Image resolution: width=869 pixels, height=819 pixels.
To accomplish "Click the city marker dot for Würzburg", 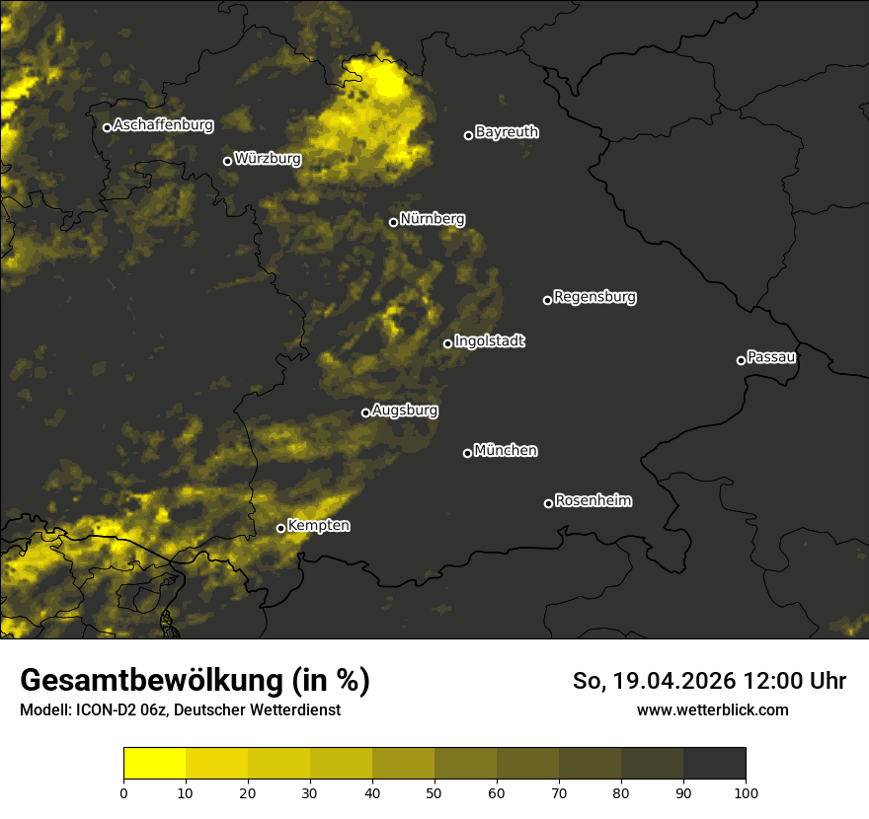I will (227, 161).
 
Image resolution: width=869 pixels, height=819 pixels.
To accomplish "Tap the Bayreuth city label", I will (507, 132).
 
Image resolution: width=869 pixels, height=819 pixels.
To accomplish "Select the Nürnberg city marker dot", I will (393, 222).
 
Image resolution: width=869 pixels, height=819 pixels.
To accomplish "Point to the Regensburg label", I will (594, 297).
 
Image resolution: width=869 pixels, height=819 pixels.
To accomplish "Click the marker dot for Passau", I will (741, 360).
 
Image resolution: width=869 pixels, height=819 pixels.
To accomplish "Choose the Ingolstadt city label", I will (490, 341).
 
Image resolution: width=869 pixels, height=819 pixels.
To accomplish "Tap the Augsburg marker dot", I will (365, 413).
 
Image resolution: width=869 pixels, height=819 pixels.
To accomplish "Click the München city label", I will (506, 451).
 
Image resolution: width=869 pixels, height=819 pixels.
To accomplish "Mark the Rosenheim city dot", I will (548, 504).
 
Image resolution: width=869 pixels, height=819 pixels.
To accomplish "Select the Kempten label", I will (318, 526).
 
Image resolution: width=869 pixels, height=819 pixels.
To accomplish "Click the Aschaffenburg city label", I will (163, 125).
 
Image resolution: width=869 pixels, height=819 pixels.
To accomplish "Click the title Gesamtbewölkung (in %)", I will (195, 681).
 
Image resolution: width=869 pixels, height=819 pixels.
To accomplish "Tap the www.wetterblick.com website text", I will (712, 709).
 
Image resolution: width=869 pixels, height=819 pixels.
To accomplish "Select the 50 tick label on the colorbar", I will (434, 792).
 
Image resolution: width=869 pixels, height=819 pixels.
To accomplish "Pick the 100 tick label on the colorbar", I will (746, 792).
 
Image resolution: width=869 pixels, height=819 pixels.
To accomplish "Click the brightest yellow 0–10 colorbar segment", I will (155, 764).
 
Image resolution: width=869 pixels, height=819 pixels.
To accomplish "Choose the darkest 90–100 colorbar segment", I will (714, 764).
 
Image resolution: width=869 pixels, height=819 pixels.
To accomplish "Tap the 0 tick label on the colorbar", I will (123, 792).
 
